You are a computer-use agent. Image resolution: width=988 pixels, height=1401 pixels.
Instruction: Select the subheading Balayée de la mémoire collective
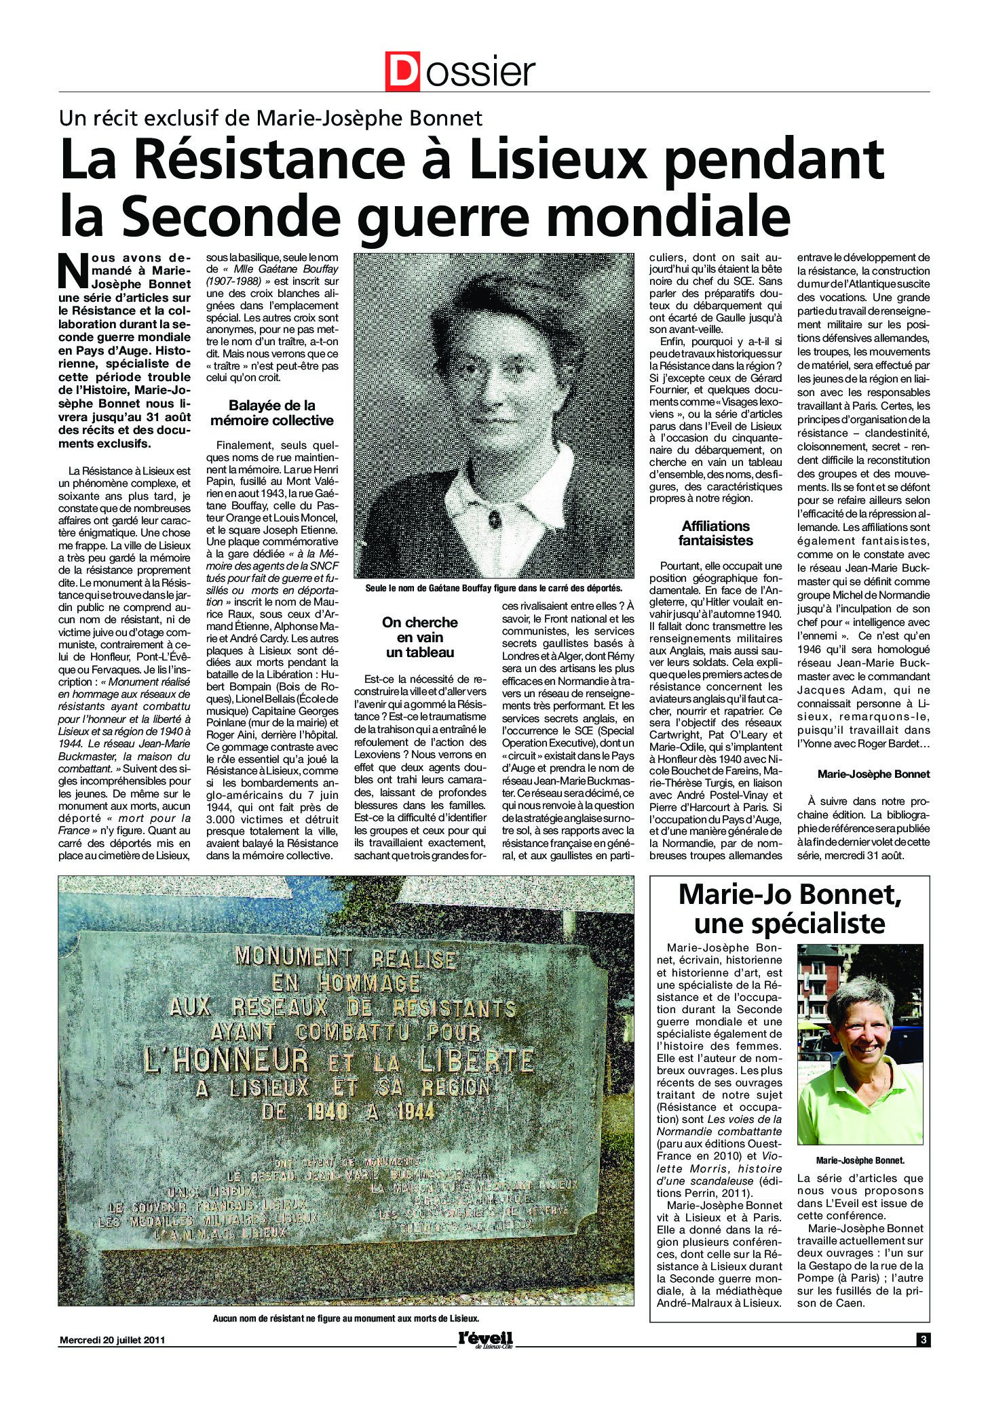point(271,414)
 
